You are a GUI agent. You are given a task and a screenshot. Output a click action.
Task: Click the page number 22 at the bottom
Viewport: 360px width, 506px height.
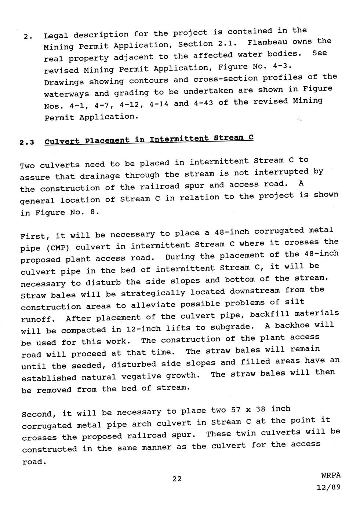pos(177,478)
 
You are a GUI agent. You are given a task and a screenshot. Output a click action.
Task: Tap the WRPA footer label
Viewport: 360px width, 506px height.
pos(331,475)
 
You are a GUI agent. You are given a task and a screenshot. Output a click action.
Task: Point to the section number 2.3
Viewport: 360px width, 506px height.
pos(27,142)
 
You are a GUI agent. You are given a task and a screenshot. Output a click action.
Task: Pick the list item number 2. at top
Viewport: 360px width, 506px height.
pos(28,37)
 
